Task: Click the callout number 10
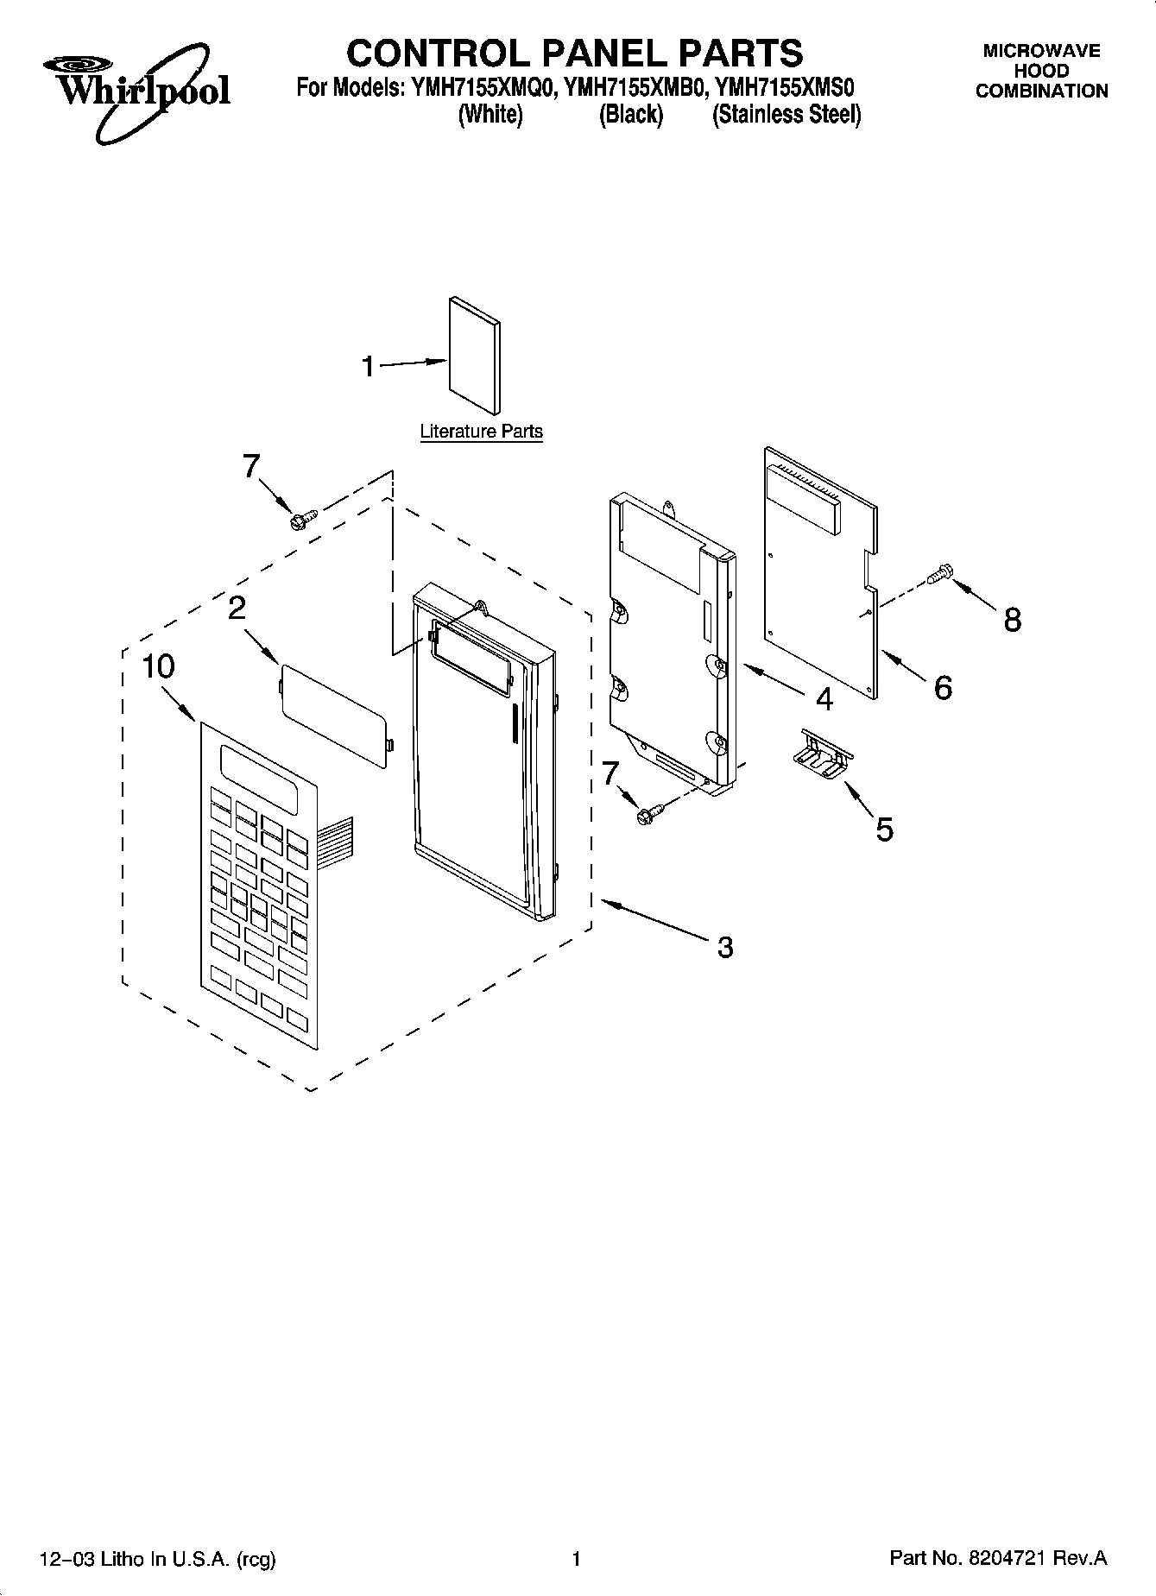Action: click(159, 666)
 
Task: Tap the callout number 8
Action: click(1012, 619)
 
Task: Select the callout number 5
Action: click(884, 830)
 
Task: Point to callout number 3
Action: click(724, 947)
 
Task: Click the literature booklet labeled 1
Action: click(474, 356)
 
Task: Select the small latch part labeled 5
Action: click(821, 754)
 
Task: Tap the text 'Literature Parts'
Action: click(481, 432)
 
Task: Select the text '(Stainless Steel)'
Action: click(786, 115)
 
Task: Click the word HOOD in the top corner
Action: click(1041, 71)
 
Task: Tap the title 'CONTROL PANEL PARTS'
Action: click(574, 53)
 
